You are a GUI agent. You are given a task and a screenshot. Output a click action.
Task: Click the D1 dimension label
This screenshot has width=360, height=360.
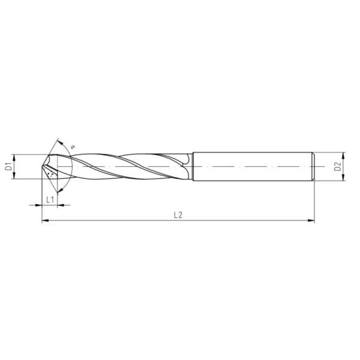(x=8, y=166)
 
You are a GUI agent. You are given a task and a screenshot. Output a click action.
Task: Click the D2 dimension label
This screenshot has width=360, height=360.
(x=337, y=166)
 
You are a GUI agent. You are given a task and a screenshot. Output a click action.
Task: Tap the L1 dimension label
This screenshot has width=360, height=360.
(x=50, y=200)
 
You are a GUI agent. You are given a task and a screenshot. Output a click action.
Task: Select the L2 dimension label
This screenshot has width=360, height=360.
(x=178, y=215)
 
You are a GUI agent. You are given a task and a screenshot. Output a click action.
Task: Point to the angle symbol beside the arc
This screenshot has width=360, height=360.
(x=73, y=146)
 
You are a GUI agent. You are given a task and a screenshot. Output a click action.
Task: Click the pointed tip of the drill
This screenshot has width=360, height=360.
(x=42, y=166)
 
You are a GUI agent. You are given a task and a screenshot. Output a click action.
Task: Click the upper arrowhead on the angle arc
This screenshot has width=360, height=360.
(x=61, y=142)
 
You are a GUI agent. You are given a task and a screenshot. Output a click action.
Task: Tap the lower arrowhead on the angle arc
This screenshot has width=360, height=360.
(x=60, y=190)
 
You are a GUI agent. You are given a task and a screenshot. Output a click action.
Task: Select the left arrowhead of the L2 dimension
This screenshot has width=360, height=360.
(x=45, y=221)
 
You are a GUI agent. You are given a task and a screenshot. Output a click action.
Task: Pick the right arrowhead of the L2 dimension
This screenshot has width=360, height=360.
(x=311, y=221)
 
